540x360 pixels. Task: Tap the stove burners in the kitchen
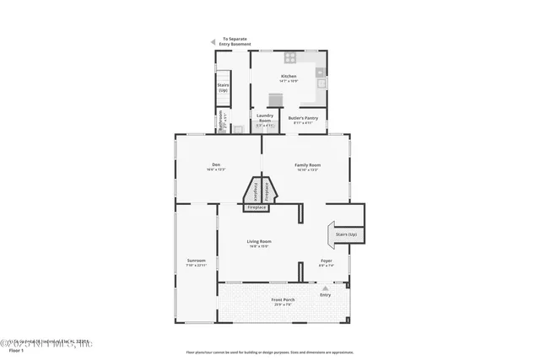[289, 58]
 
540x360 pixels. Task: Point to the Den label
[216, 167]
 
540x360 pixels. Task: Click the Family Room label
[307, 167]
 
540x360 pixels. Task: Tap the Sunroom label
[196, 263]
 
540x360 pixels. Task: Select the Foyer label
[326, 263]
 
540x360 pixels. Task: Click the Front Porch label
[282, 302]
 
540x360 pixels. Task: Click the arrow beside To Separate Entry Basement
[213, 40]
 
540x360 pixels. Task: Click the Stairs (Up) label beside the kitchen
[224, 87]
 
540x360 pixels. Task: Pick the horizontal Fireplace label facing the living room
[256, 207]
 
